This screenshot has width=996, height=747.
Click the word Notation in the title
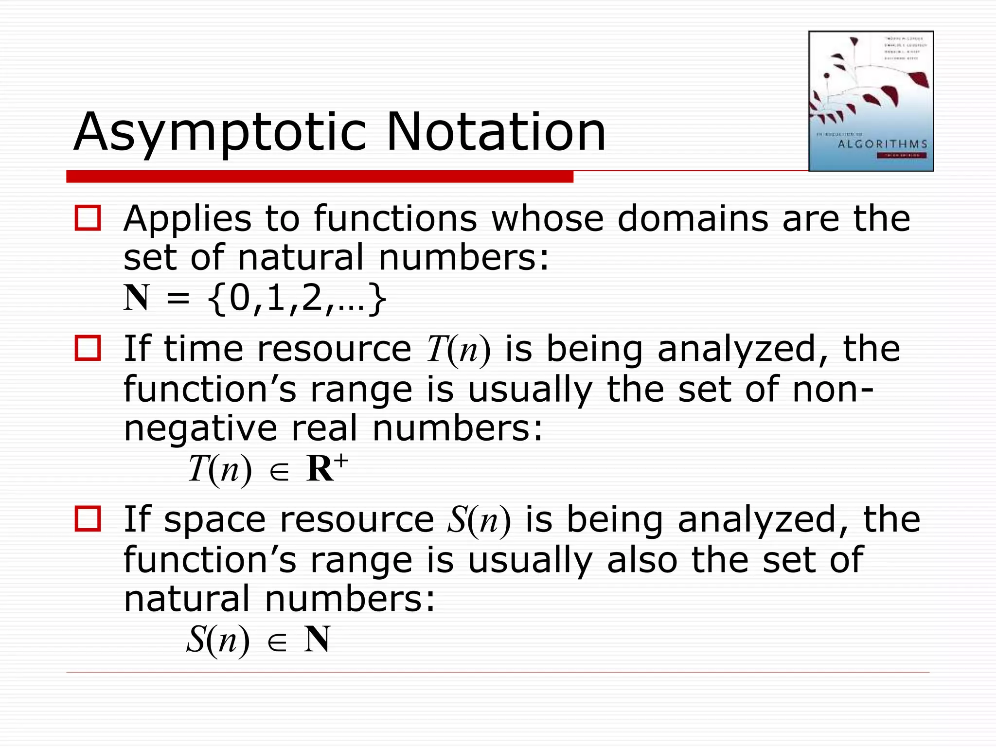[496, 132]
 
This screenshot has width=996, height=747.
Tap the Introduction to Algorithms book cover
[871, 101]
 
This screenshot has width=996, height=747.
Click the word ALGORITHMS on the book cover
[883, 144]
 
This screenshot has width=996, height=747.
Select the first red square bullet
[88, 218]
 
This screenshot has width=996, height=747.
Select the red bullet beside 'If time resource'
[88, 348]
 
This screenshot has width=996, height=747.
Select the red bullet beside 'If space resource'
[88, 518]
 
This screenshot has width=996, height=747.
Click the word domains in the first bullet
[693, 218]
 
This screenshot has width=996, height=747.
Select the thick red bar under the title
[320, 177]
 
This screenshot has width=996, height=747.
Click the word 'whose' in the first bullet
[547, 218]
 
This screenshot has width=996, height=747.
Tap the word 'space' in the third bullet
[214, 520]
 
